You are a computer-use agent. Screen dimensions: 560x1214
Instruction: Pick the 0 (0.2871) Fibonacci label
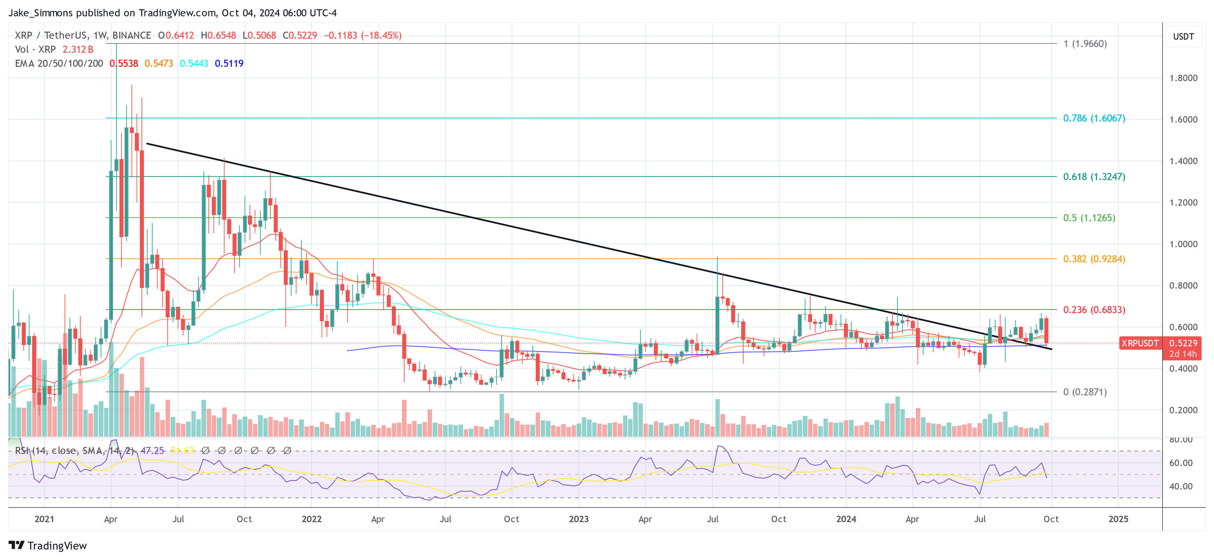(1085, 392)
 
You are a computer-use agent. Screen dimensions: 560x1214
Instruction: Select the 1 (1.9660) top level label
(1085, 44)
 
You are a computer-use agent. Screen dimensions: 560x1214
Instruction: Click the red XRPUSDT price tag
(1139, 343)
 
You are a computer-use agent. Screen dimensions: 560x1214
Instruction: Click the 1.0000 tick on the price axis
(1183, 244)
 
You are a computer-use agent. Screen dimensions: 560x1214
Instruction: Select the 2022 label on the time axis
(312, 519)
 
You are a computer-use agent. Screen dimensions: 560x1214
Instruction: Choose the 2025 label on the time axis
(1118, 519)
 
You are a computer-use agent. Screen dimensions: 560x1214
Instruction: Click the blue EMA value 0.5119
(229, 64)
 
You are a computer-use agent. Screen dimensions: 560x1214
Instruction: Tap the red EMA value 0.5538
(124, 64)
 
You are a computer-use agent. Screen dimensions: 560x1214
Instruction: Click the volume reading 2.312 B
(78, 49)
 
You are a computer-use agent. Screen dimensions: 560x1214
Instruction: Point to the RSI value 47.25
(152, 451)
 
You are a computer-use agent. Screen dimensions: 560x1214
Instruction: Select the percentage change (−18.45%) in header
(381, 35)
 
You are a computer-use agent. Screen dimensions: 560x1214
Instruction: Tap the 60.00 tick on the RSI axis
(1181, 463)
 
